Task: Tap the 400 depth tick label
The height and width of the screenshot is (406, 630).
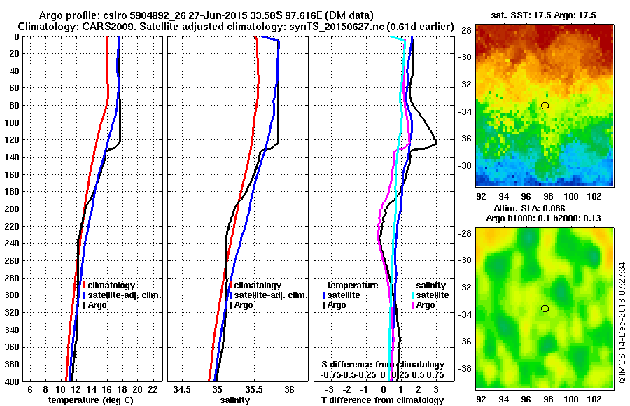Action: click(13, 381)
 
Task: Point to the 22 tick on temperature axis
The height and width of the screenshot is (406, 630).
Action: click(152, 389)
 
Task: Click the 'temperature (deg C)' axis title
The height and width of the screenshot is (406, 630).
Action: click(90, 400)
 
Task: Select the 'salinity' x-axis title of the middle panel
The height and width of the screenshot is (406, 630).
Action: click(235, 400)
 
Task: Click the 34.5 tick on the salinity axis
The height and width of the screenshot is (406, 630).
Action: click(183, 389)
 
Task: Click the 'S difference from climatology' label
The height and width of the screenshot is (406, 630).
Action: click(382, 365)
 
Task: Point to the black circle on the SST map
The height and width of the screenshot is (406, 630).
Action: click(545, 106)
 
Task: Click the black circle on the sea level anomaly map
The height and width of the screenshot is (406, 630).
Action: click(545, 309)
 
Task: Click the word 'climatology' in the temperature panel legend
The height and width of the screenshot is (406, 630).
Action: click(112, 286)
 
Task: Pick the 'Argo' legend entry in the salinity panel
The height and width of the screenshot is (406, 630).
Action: click(244, 306)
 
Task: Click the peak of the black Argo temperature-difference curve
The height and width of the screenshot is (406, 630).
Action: click(436, 143)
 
